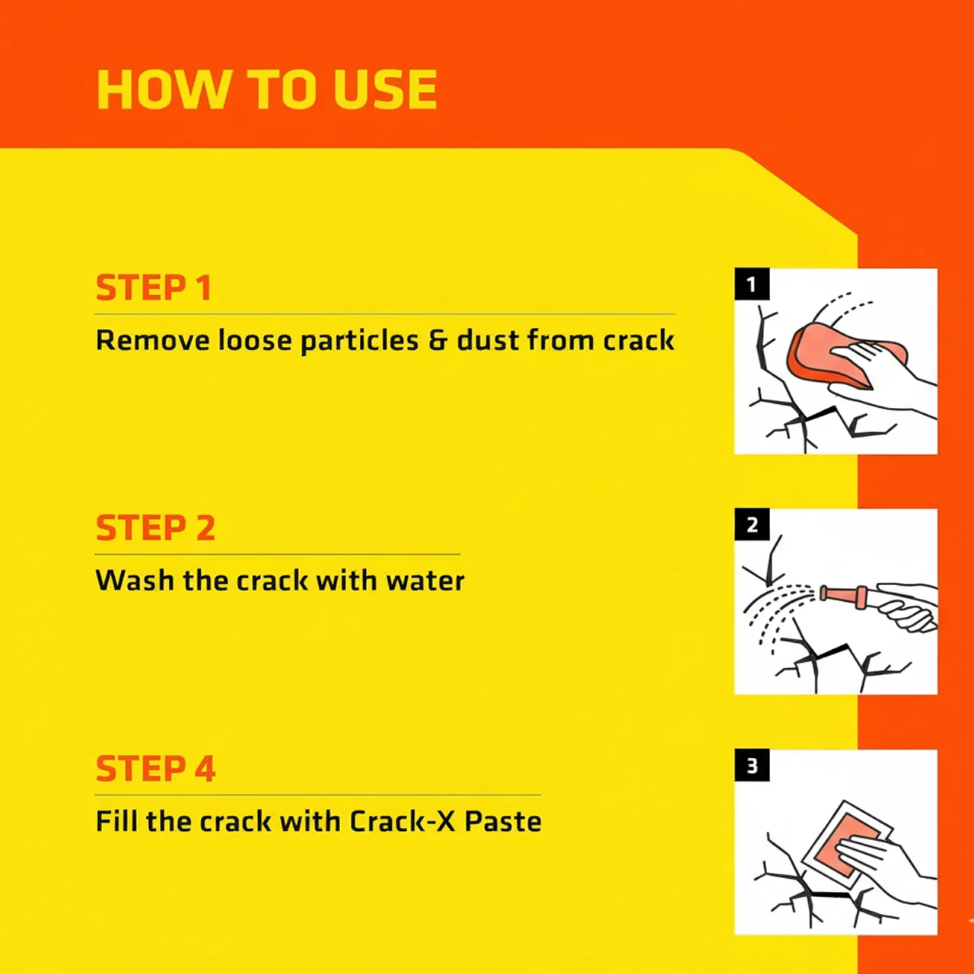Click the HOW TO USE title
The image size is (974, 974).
pyautogui.click(x=267, y=90)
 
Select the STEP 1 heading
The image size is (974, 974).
pyautogui.click(x=154, y=288)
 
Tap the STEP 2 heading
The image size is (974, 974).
pyautogui.click(x=156, y=527)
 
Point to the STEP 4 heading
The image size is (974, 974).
pyautogui.click(x=156, y=769)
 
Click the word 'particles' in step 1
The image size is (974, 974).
pyautogui.click(x=359, y=341)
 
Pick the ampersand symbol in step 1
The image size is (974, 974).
pyautogui.click(x=438, y=340)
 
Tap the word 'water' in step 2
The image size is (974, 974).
pyautogui.click(x=425, y=581)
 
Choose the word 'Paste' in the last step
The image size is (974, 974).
pyautogui.click(x=503, y=821)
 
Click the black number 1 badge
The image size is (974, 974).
pyautogui.click(x=752, y=284)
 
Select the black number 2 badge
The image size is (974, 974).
pyautogui.click(x=752, y=524)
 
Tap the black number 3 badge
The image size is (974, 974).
pyautogui.click(x=752, y=766)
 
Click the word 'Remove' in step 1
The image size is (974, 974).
pyautogui.click(x=153, y=340)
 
